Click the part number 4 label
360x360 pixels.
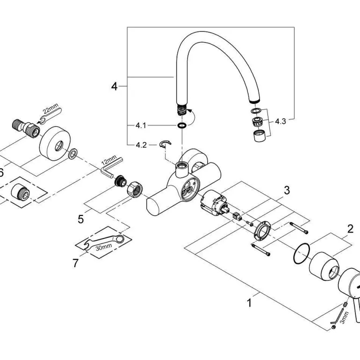pyautogui.click(x=115, y=86)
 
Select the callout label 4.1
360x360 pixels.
pyautogui.click(x=141, y=126)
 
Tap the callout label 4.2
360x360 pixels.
pyautogui.click(x=141, y=145)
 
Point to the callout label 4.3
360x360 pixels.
pyautogui.click(x=280, y=121)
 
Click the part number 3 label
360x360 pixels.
pyautogui.click(x=287, y=190)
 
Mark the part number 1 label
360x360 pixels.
pyautogui.click(x=249, y=303)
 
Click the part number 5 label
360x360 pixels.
pyautogui.click(x=81, y=218)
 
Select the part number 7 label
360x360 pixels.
pyautogui.click(x=76, y=263)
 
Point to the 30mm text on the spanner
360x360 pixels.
pyautogui.click(x=103, y=245)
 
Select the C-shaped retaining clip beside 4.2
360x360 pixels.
pyautogui.click(x=164, y=144)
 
